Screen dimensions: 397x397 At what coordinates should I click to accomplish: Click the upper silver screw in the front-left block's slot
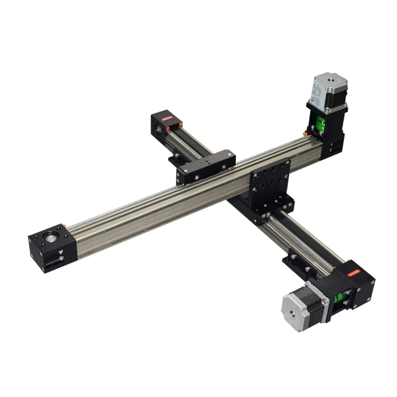(x=61, y=252)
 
